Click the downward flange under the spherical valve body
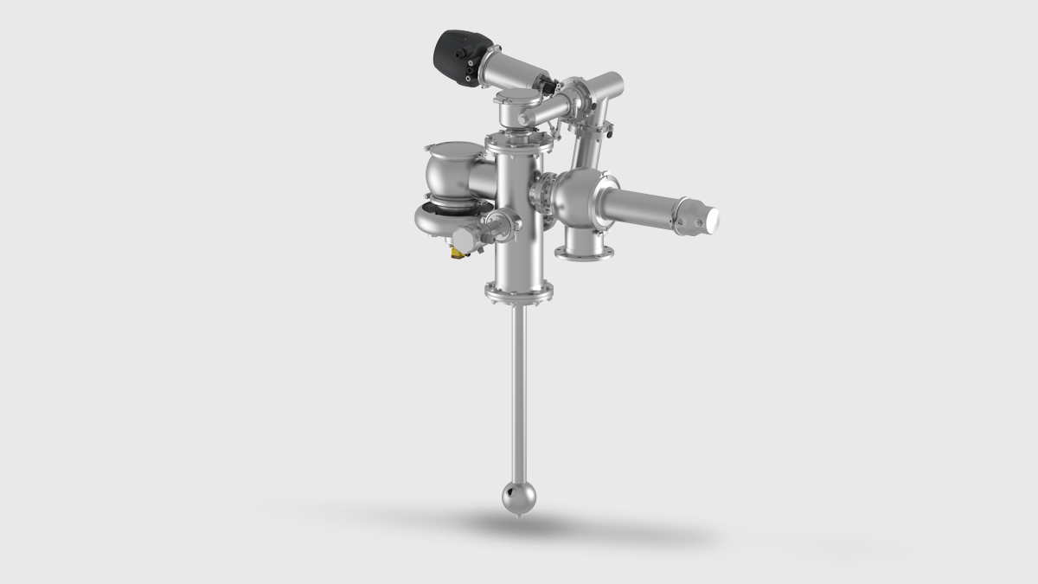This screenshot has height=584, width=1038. [585, 252]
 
